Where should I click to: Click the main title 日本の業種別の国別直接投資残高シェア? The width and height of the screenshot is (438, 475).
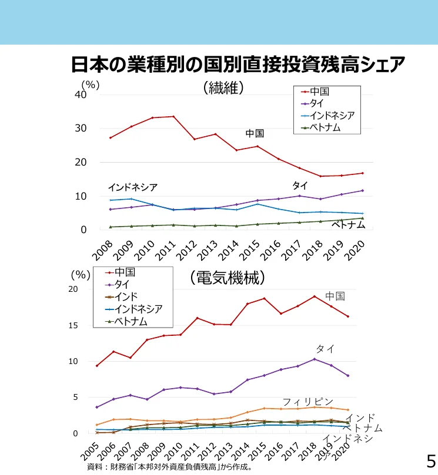238,63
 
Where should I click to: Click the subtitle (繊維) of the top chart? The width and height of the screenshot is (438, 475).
223,87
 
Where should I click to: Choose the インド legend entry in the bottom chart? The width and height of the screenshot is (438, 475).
126,297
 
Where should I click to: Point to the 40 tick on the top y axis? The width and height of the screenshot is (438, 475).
80,95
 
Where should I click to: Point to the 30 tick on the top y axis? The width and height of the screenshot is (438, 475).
80,129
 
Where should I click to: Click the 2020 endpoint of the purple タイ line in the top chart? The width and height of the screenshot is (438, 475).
362,190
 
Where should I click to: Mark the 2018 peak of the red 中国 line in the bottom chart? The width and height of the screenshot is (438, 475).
315,296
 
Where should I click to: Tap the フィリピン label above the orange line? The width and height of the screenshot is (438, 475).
307,402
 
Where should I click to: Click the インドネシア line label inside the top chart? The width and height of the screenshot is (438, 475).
132,187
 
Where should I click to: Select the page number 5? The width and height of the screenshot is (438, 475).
430,459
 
